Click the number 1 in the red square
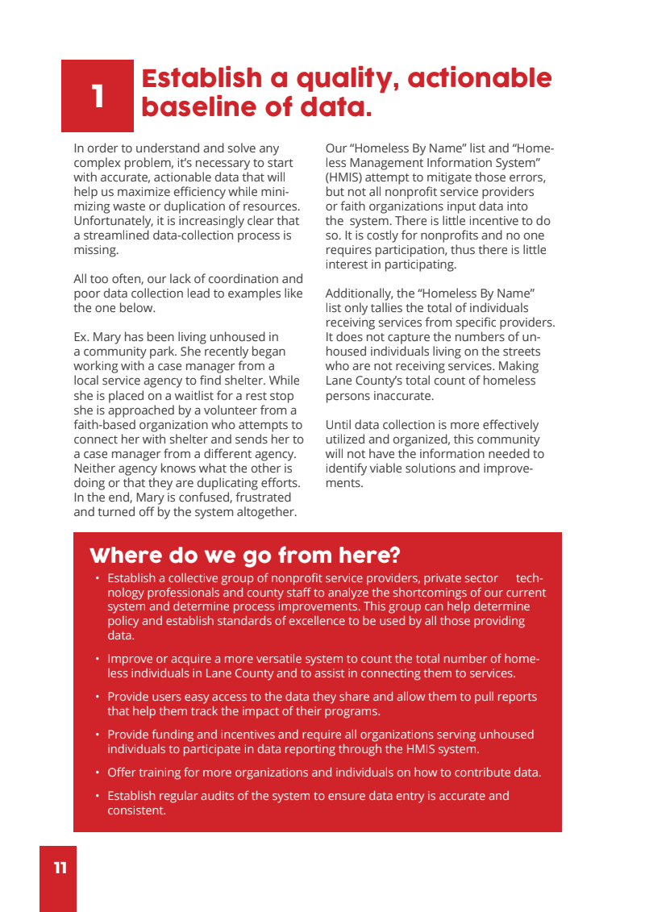[98, 96]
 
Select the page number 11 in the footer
[60, 868]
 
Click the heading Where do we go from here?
[244, 556]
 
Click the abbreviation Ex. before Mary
[83, 337]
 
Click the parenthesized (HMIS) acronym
[345, 177]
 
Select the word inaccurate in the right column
[406, 395]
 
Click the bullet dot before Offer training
[97, 772]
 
